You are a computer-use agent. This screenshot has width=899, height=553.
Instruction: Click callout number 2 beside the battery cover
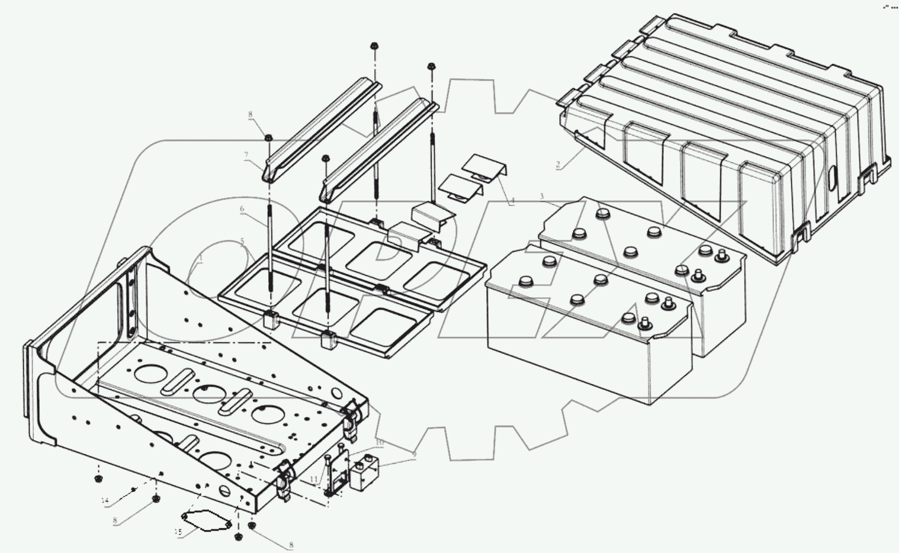558,165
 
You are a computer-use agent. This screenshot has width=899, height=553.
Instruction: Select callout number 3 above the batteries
541,197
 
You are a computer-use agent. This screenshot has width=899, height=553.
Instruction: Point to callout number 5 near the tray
242,242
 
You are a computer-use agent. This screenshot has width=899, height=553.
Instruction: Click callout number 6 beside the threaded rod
242,209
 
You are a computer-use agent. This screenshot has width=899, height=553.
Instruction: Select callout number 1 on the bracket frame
200,259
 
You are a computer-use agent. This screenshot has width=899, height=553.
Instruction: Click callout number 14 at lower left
105,501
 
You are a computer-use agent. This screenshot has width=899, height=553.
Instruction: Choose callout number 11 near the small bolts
314,479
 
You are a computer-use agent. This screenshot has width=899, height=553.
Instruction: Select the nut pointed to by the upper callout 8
268,138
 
